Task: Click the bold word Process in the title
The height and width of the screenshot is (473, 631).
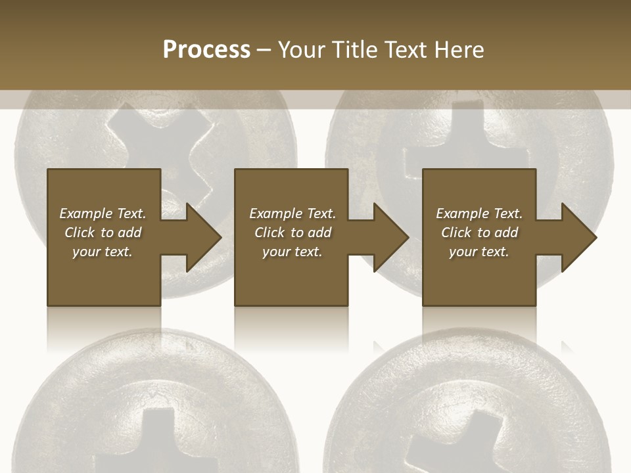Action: (x=206, y=50)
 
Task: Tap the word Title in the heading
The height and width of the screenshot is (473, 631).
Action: (x=355, y=50)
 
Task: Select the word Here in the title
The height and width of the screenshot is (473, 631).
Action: (x=459, y=50)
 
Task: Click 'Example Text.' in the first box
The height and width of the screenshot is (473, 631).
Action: (x=103, y=214)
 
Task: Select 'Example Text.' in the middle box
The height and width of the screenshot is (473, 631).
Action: (x=292, y=214)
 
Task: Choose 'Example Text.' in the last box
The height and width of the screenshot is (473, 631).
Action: (x=479, y=214)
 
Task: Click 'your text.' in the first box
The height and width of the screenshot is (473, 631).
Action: (x=103, y=252)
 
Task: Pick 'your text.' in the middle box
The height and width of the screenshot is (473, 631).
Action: (x=292, y=252)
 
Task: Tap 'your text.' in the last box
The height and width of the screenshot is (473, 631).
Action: (x=479, y=252)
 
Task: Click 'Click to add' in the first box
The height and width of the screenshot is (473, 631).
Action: (x=103, y=233)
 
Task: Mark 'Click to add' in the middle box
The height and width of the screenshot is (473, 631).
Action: (x=292, y=233)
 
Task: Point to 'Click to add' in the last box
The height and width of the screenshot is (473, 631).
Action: (x=479, y=233)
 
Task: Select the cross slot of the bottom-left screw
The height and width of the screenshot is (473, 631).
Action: (x=158, y=440)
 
